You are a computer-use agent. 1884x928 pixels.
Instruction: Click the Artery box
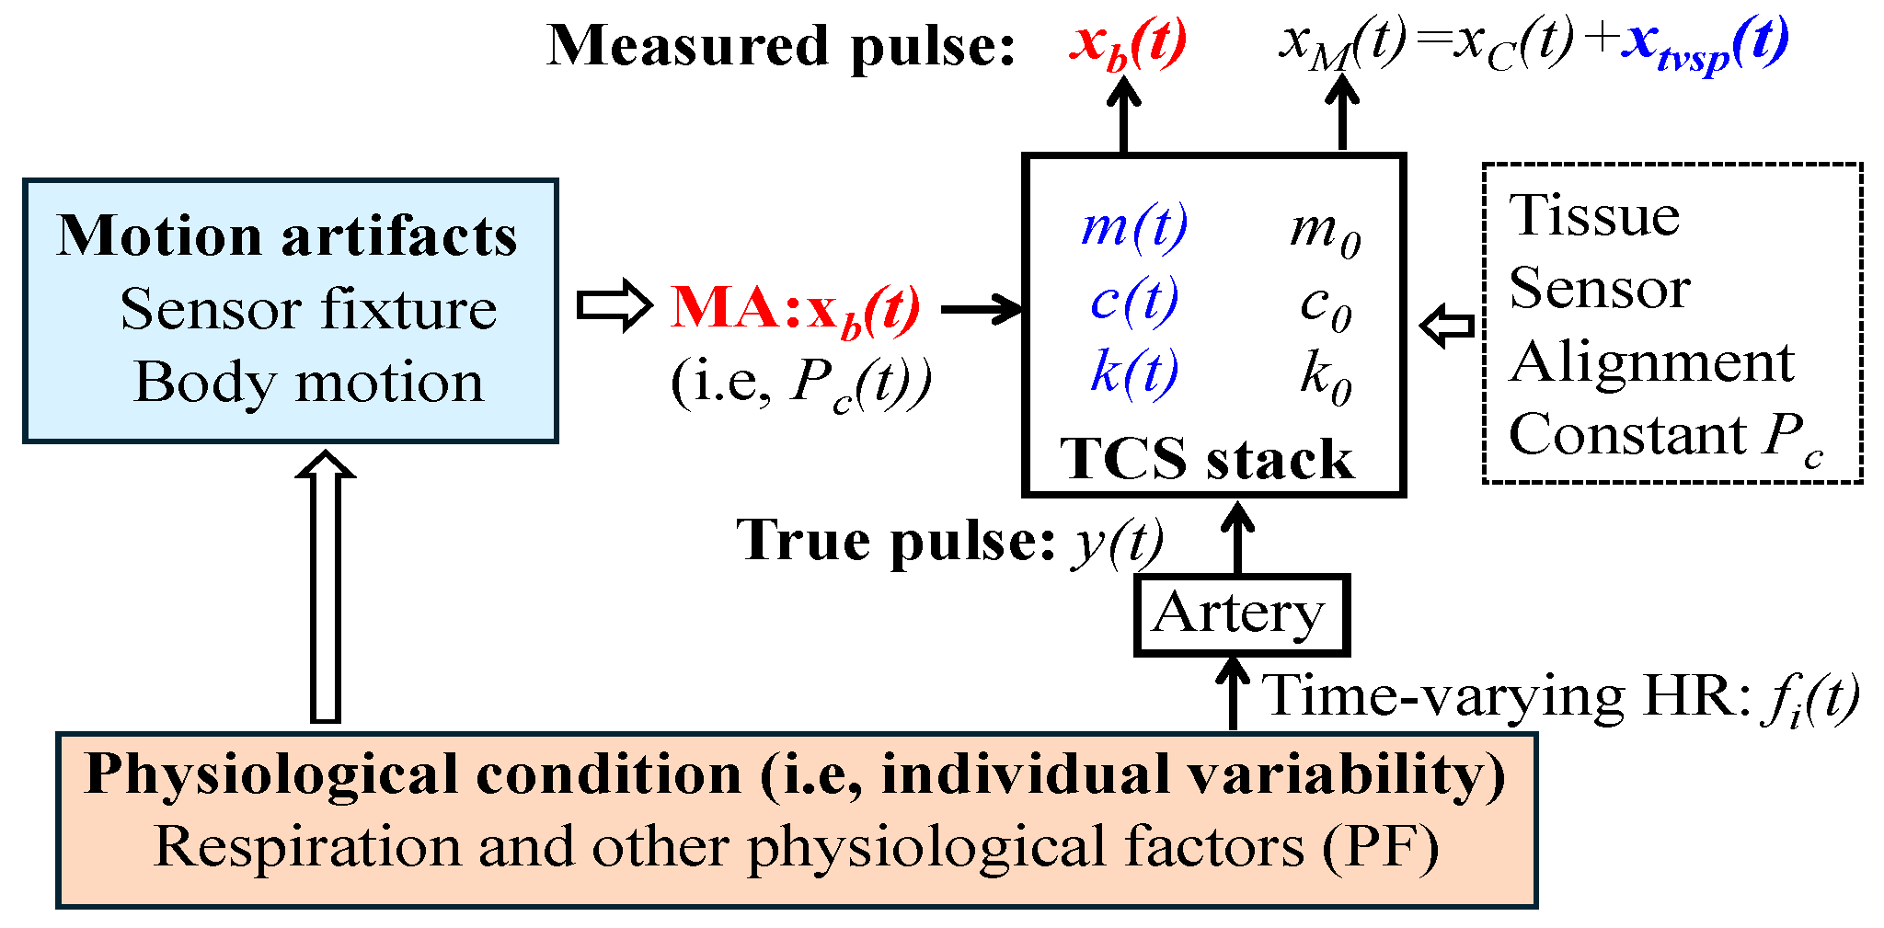1241,614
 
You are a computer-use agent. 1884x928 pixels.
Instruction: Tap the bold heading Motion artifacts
287,235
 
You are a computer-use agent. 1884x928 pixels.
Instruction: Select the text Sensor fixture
308,309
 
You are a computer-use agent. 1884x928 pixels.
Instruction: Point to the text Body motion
308,382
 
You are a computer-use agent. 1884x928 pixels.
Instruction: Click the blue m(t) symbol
1134,226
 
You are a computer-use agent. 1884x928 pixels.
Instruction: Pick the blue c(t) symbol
1134,300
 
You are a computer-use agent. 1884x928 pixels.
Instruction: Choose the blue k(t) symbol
1134,372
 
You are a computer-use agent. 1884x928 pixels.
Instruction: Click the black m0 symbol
1325,230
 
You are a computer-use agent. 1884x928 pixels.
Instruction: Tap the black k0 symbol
1325,376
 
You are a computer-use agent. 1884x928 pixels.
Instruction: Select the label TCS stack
1207,458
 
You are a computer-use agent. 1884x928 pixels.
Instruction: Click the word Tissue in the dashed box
1594,215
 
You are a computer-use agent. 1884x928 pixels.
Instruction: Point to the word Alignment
1651,361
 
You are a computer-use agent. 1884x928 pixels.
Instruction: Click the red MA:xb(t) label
795,308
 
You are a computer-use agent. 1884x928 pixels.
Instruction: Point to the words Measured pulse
781,45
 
